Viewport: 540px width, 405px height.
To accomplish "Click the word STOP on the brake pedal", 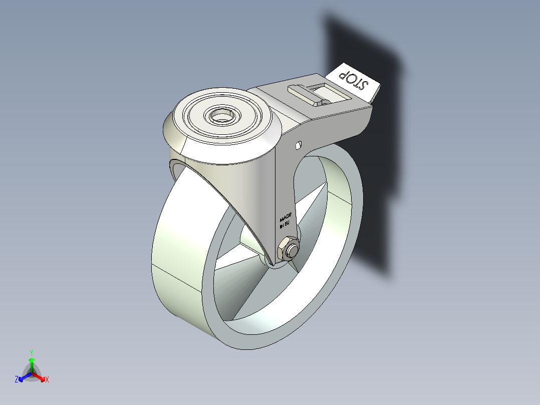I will tap(354, 80).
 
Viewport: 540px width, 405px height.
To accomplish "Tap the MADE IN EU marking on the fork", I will tap(285, 220).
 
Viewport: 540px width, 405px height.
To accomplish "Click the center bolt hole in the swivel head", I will tap(221, 116).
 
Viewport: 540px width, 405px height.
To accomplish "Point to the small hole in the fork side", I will tap(298, 145).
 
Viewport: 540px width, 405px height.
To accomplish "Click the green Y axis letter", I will tap(32, 352).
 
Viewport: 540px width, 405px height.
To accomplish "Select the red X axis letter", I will tap(47, 380).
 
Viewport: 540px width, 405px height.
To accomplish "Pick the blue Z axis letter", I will tap(17, 380).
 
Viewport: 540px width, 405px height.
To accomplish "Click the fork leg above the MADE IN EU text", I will tap(284, 185).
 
